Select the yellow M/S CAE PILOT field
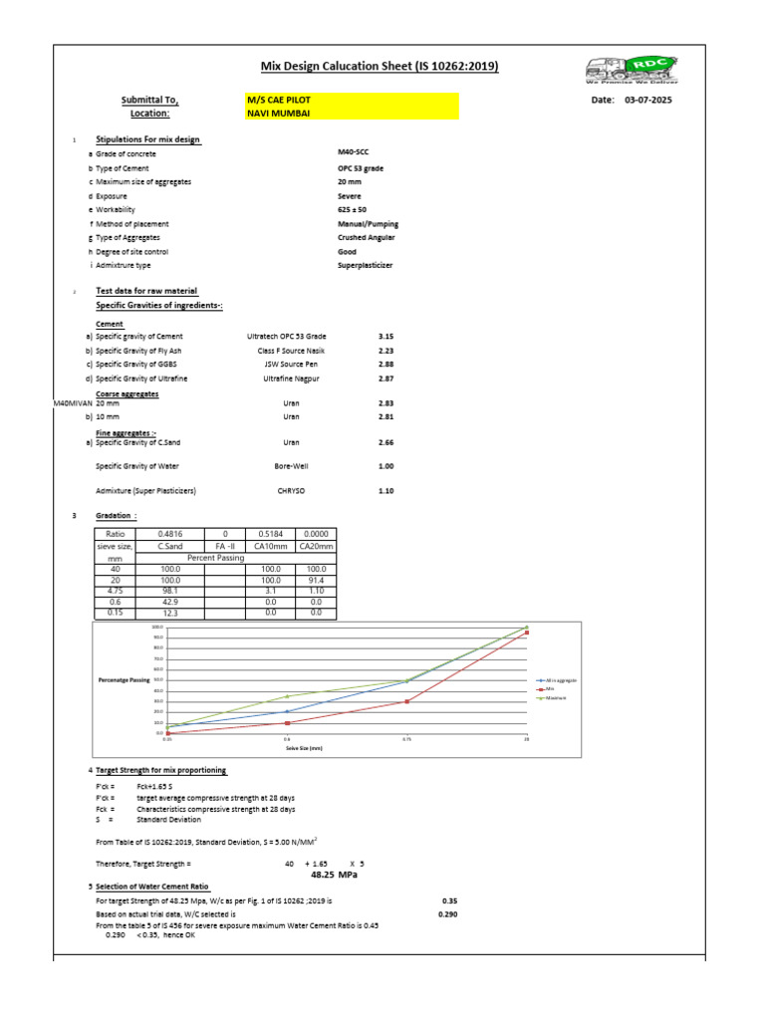click(x=352, y=100)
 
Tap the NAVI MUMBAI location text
click(x=278, y=114)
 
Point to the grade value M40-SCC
click(x=354, y=153)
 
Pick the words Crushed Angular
click(x=368, y=238)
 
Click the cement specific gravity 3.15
click(x=386, y=338)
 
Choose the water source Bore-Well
click(x=291, y=466)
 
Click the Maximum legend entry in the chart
click(x=554, y=698)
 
